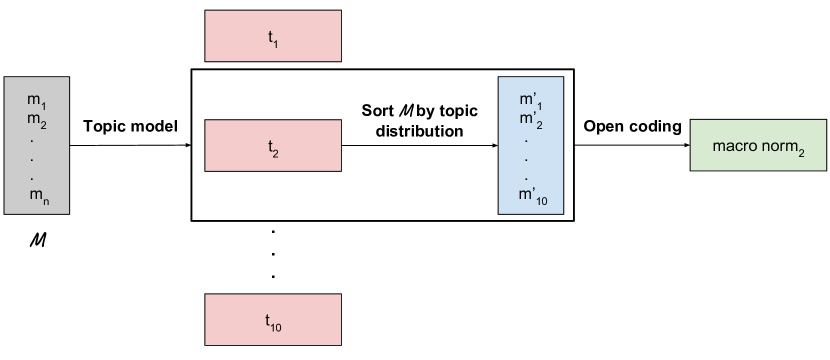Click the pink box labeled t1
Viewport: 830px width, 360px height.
pyautogui.click(x=272, y=37)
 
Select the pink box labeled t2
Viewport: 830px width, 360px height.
pyautogui.click(x=272, y=146)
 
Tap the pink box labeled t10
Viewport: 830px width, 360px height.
pyautogui.click(x=272, y=320)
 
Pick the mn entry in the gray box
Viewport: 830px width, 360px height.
pyautogui.click(x=38, y=195)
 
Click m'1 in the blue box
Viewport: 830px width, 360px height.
pyautogui.click(x=531, y=101)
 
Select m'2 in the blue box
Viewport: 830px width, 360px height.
pyautogui.click(x=531, y=119)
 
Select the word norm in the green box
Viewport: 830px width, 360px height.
pyautogui.click(x=776, y=146)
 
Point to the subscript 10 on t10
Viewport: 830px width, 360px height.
pyautogui.click(x=277, y=324)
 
